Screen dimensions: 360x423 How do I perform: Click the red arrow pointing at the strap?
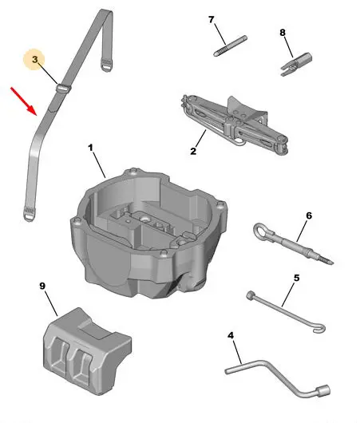point(23,101)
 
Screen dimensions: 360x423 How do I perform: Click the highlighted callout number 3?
point(34,59)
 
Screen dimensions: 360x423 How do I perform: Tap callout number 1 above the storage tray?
point(90,148)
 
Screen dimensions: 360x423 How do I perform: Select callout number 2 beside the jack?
point(193,151)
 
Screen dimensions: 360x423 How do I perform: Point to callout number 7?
point(211,20)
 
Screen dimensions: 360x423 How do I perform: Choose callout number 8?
point(283,33)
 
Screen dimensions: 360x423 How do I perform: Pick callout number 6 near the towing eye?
point(309,215)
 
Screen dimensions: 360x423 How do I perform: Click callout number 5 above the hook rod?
point(296,278)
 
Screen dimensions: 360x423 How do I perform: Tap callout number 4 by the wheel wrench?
point(231,335)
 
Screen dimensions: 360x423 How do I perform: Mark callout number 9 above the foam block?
point(42,286)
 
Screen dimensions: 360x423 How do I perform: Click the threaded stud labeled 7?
point(230,45)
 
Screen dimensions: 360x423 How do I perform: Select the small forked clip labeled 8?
point(296,64)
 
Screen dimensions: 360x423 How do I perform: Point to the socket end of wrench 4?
point(322,391)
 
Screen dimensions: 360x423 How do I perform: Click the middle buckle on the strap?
point(63,89)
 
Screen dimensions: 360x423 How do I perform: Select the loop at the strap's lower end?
point(30,215)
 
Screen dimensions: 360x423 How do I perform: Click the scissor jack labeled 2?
point(234,125)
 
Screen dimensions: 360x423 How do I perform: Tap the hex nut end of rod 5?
point(251,295)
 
